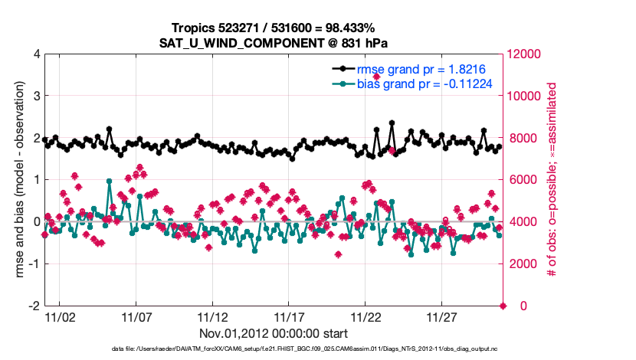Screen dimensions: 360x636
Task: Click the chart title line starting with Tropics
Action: (274, 28)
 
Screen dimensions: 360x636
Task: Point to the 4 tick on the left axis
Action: (37, 54)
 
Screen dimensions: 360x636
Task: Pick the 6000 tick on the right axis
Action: (522, 180)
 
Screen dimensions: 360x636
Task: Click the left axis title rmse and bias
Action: (17, 180)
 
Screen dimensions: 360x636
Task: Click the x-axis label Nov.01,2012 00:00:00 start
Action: (274, 333)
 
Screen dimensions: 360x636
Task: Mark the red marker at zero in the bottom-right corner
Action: (503, 306)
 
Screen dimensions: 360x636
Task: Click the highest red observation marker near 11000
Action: (376, 77)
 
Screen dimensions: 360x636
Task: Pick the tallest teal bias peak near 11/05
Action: (110, 182)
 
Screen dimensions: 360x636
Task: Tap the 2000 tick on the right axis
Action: (522, 263)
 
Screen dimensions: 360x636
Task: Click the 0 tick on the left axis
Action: (37, 222)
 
